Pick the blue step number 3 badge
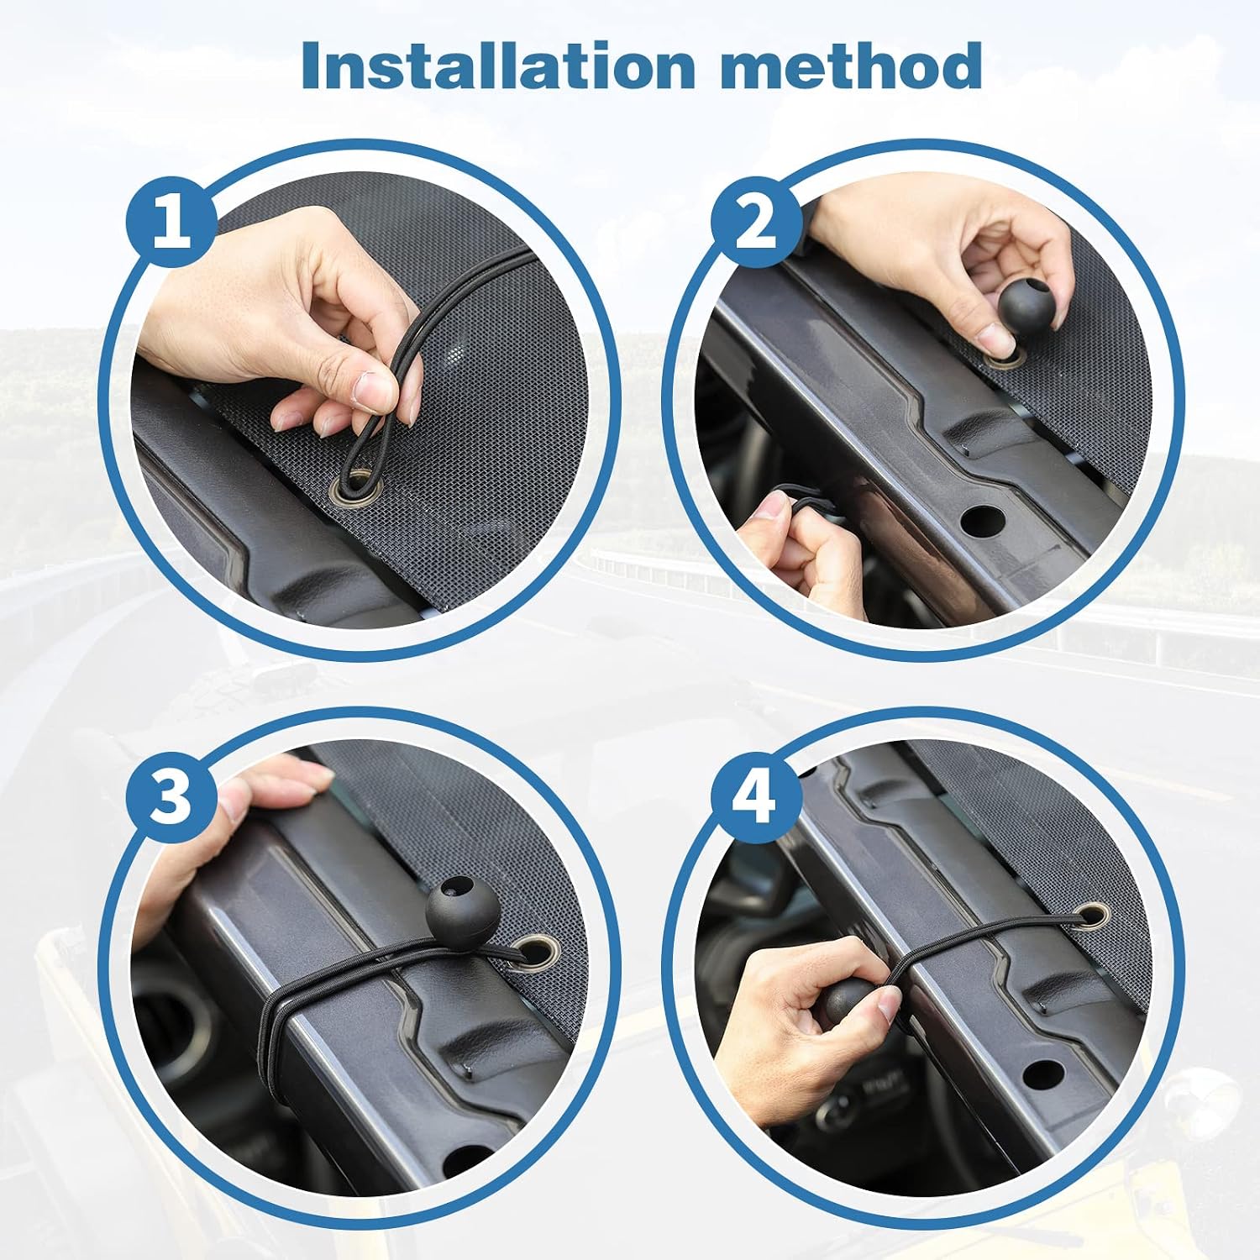coord(172,795)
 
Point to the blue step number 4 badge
coord(756,795)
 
